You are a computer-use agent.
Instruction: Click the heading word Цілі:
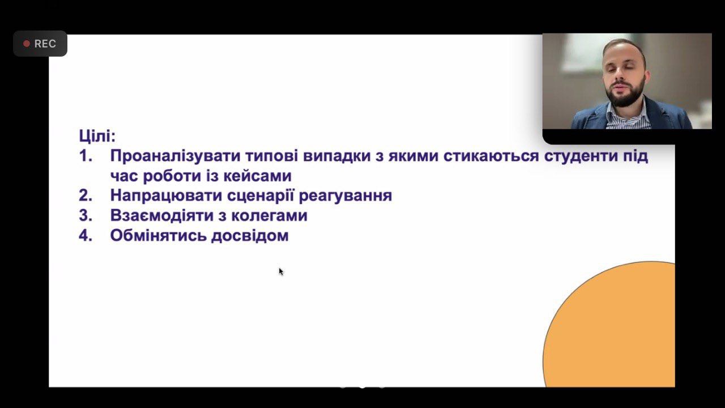97,135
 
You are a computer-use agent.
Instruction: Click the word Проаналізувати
176,156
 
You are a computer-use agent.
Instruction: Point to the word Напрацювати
166,195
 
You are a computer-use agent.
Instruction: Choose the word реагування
346,196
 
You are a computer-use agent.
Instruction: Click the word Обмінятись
158,235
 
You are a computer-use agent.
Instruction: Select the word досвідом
250,236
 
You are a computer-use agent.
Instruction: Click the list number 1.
86,156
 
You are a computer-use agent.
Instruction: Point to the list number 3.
86,216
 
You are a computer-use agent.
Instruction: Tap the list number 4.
86,235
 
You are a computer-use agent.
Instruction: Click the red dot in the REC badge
27,44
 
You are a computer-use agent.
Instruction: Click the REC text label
45,44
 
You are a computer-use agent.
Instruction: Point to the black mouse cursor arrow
281,271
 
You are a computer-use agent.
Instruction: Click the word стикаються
491,156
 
